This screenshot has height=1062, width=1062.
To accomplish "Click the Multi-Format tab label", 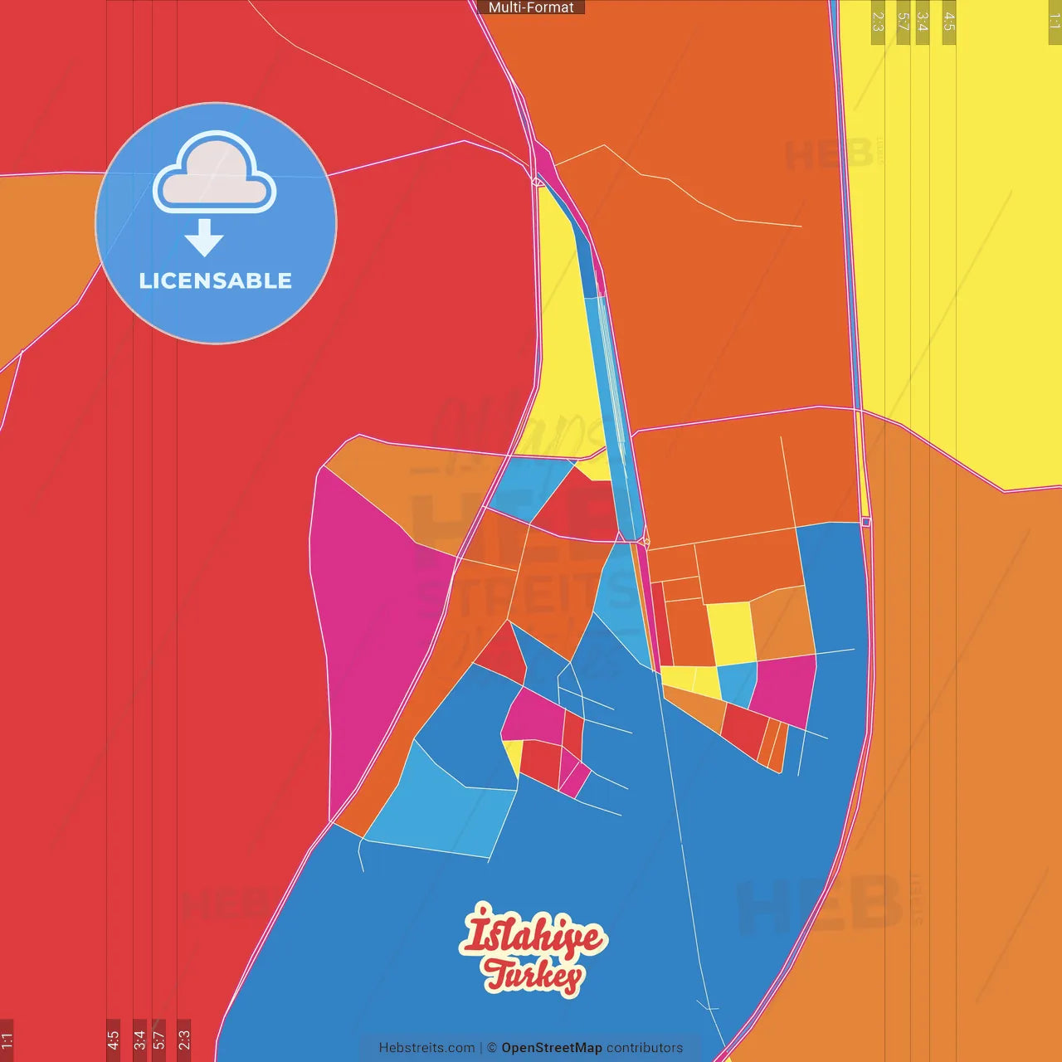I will pos(531,7).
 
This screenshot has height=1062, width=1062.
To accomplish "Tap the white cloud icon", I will pos(215,173).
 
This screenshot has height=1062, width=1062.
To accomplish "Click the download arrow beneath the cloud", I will pos(204,237).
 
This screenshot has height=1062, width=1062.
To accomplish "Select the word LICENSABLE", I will pos(216,281).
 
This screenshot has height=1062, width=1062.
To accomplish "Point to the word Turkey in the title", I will pos(534,976).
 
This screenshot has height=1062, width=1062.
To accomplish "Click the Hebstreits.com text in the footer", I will pos(426,1048).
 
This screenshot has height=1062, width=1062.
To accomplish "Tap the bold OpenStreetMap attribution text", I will pos(552,1048).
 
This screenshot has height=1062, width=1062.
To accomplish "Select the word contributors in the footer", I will pos(645,1048).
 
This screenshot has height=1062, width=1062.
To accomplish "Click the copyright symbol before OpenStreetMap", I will pos(492,1048).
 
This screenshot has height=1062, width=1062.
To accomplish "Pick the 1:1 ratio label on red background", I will pos(7,1040).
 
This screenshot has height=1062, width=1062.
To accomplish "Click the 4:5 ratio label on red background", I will pos(113,1040).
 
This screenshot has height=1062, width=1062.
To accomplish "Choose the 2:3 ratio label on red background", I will pos(184,1040).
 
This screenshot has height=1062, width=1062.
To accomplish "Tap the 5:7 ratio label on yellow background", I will pos(903,22).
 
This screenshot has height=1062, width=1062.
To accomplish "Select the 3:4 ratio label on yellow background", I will pos(922,22).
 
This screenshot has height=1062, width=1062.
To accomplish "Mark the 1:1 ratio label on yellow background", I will pos(1055,22).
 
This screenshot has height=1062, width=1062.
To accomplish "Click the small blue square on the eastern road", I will pos(866,522).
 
